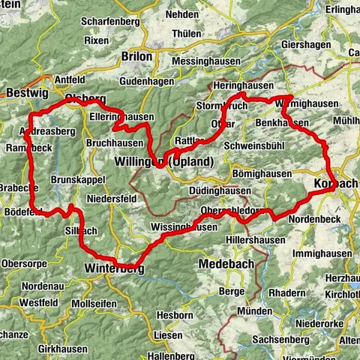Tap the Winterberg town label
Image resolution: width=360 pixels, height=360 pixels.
[x=113, y=268]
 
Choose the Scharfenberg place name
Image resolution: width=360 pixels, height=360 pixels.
[x=112, y=22]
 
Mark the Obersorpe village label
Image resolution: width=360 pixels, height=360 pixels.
[x=25, y=264]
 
